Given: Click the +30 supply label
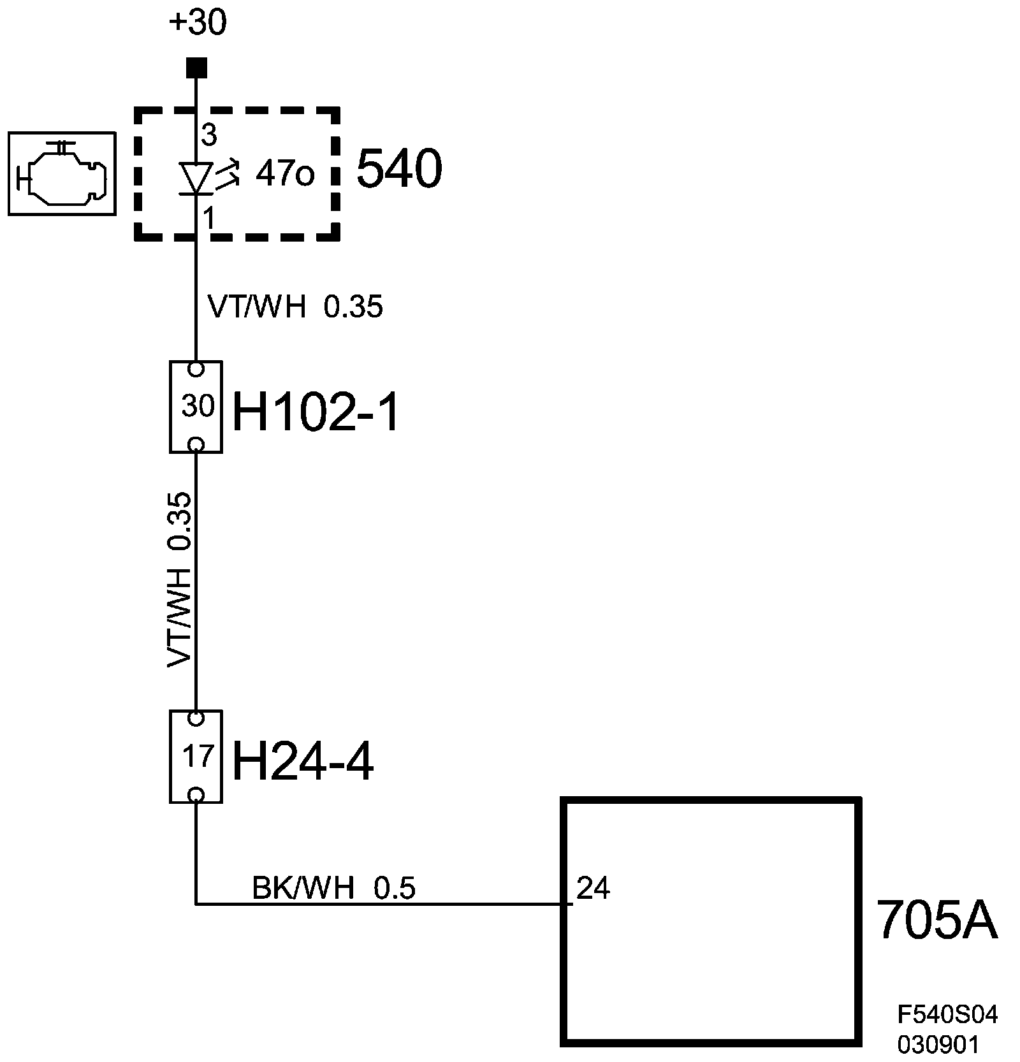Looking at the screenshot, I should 198,24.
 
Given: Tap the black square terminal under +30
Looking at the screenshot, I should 196,67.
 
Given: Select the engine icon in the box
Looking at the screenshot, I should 62,173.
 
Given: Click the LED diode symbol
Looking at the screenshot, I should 196,178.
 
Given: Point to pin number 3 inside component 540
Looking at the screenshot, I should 209,135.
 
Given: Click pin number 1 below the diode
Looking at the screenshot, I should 208,219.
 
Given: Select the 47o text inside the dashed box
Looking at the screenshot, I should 285,173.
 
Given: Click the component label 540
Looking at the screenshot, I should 399,170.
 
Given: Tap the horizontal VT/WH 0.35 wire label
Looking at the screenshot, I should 295,307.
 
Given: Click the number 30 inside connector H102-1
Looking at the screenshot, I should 197,406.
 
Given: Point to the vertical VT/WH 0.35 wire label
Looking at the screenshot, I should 179,579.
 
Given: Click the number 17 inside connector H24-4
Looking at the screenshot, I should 197,756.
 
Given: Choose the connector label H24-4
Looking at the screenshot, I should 303,763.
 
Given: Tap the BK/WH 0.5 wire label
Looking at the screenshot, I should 333,888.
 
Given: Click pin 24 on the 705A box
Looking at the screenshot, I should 593,888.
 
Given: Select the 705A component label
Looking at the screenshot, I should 936,920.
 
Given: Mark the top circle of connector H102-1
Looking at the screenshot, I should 196,369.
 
